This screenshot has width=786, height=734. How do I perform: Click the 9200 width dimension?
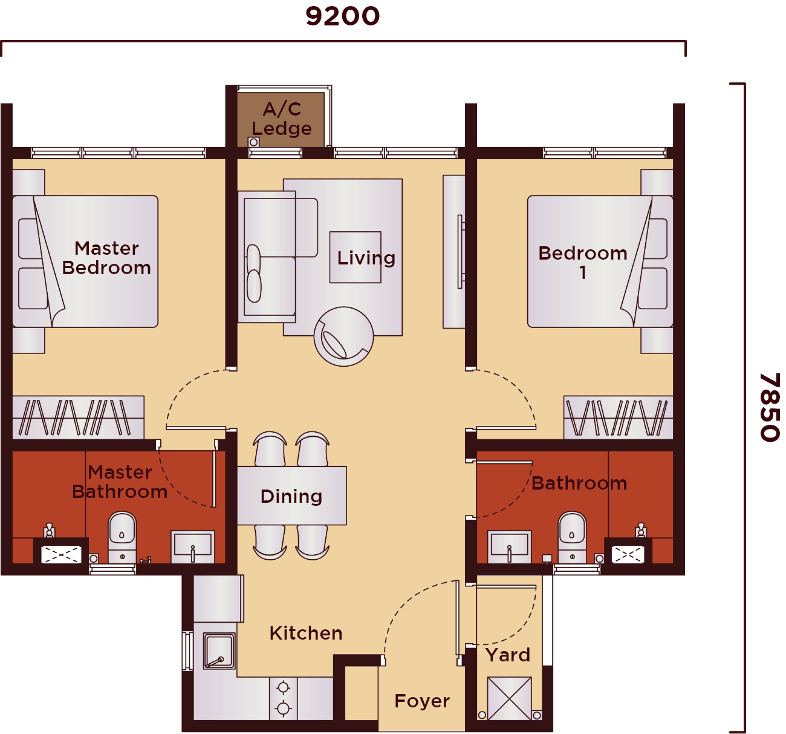point(342,16)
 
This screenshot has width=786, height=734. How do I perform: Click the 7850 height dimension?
point(770,407)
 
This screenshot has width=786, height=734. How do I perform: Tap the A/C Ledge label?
point(282,119)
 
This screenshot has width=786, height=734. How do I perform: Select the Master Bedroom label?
point(106,258)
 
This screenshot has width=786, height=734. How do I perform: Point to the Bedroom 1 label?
point(582,262)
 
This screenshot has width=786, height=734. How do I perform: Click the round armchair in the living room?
point(343,336)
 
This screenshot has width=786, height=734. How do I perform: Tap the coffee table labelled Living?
point(356,257)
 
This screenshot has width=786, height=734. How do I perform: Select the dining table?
point(291,496)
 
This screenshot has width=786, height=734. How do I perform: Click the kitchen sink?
point(219,651)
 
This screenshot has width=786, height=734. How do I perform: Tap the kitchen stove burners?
point(283,698)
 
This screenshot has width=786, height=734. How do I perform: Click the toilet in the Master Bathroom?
point(122,536)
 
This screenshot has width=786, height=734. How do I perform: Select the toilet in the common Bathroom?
point(572,536)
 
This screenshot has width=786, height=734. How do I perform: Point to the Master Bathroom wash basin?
point(192,546)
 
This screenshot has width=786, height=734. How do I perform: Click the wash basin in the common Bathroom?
point(509,546)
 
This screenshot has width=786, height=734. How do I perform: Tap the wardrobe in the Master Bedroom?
point(78,418)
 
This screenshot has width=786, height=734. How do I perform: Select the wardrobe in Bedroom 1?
point(618,418)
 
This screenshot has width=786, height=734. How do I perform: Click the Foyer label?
point(421,701)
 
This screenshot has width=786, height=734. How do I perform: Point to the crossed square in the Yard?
point(509,699)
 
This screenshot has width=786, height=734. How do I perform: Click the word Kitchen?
point(305,633)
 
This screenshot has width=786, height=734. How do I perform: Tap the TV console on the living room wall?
point(454,252)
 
